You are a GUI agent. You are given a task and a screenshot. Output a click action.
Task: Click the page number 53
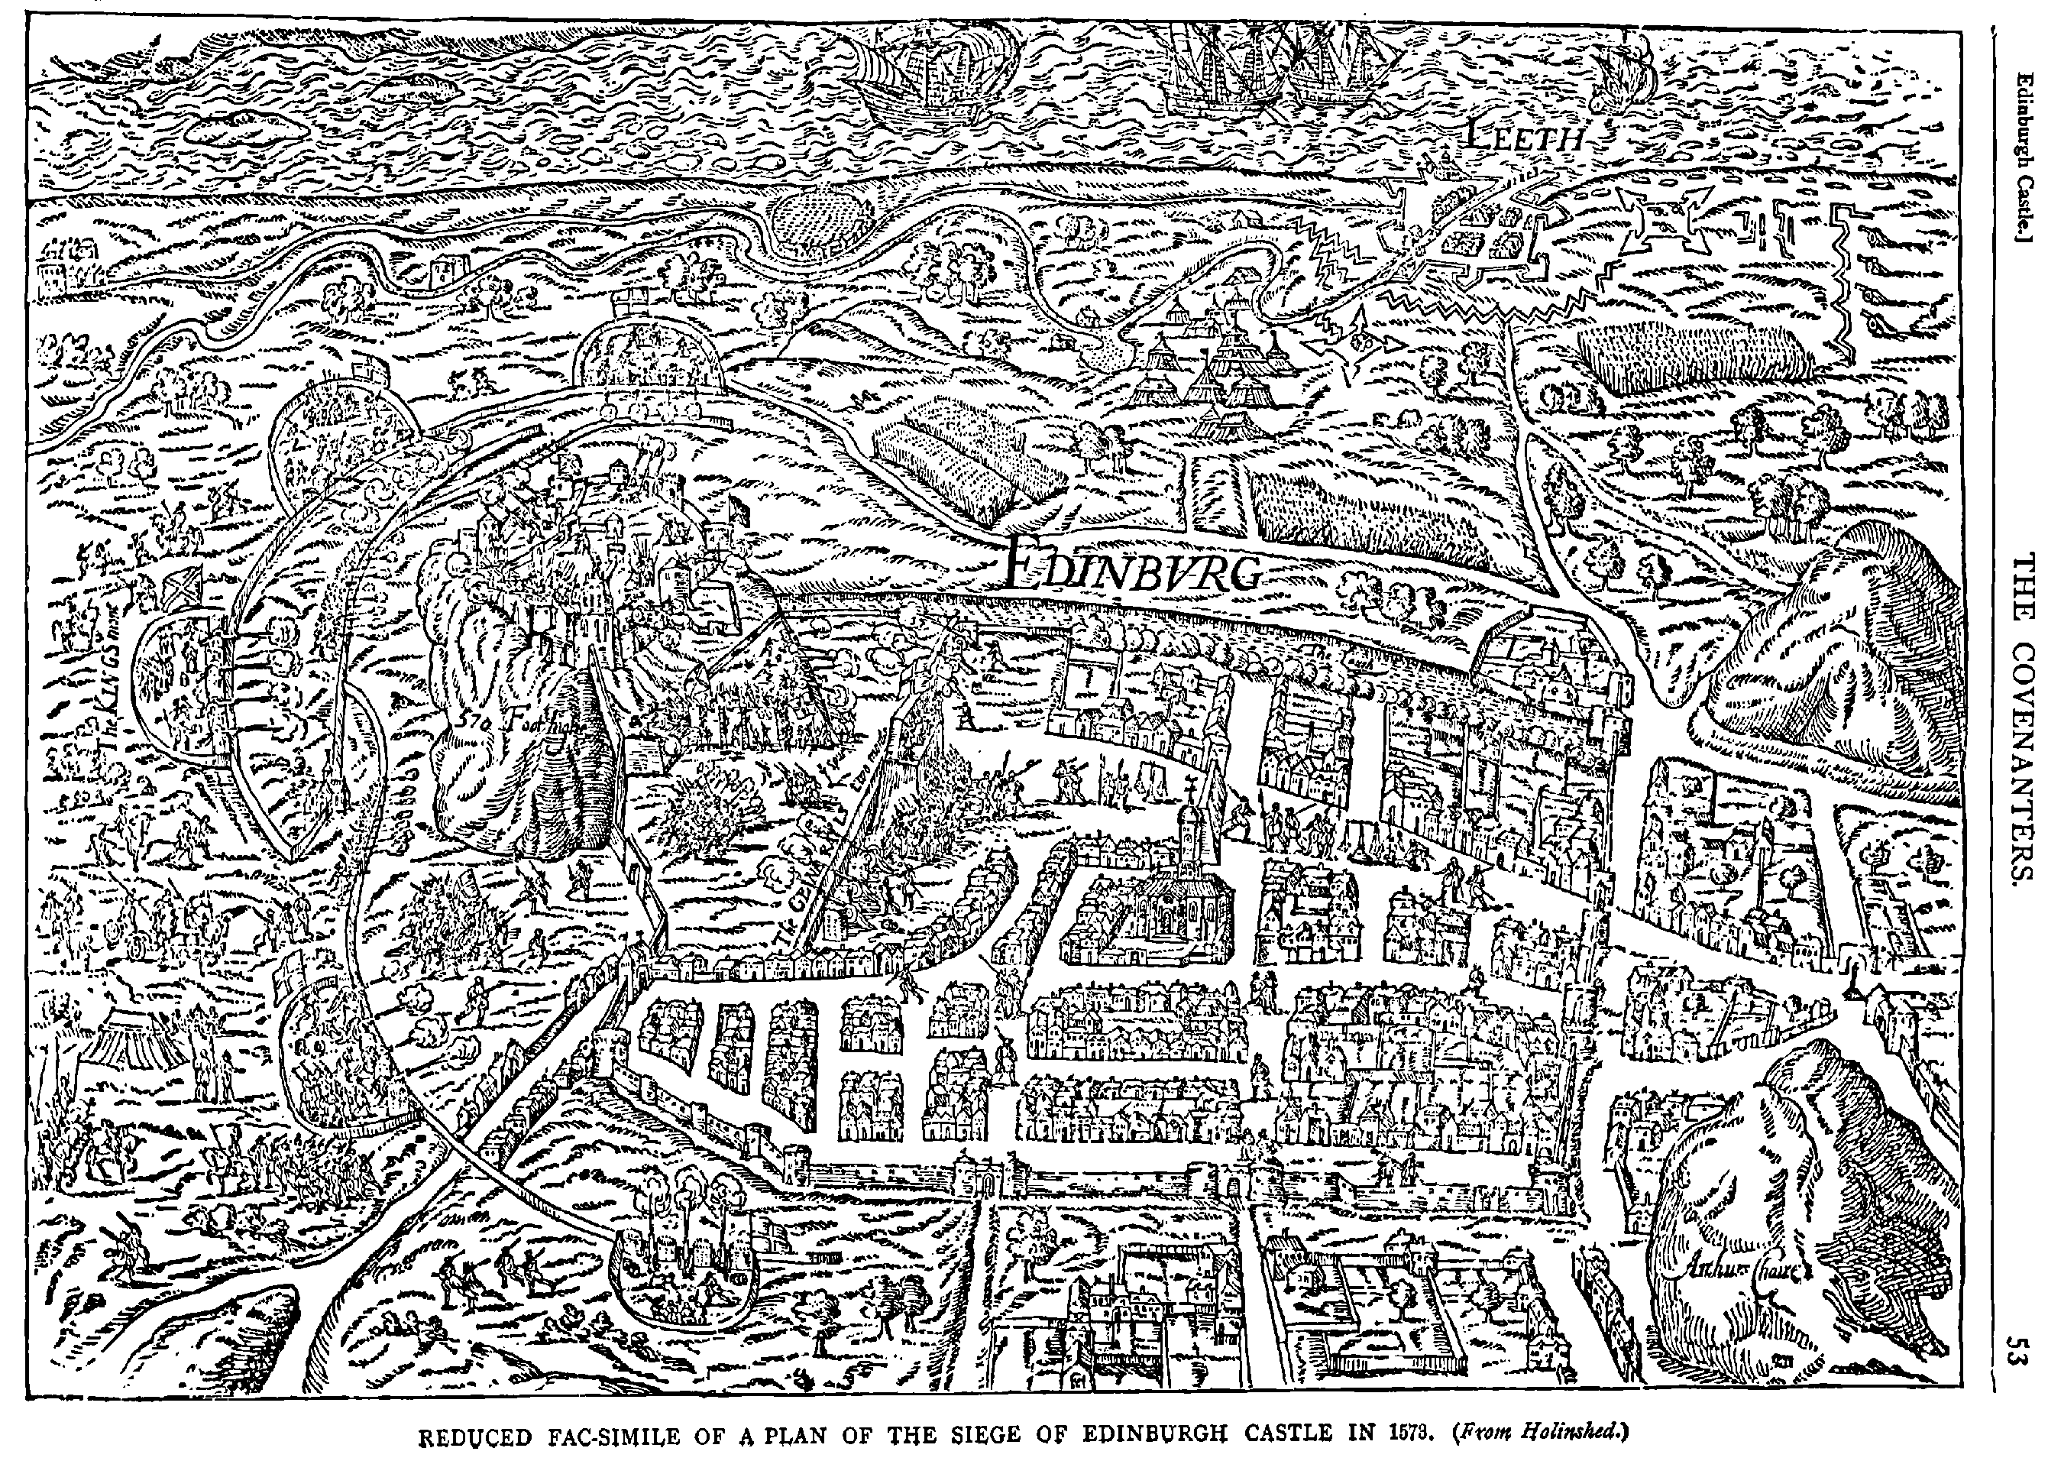2020,1350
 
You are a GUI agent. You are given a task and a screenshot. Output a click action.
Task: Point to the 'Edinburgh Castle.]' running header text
2020,143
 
